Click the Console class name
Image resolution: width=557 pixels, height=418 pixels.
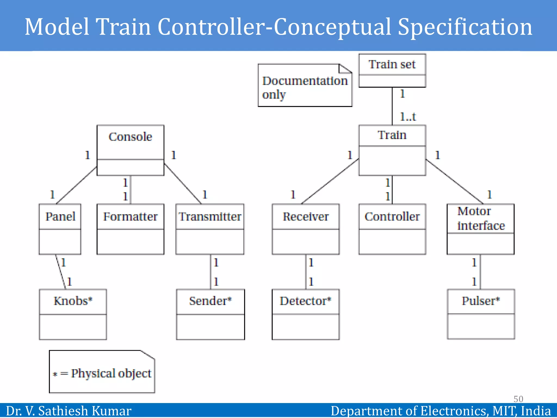coord(130,137)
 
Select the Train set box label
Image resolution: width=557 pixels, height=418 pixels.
coord(392,64)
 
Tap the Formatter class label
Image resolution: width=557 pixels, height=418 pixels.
coord(130,217)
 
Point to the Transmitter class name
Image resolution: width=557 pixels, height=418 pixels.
coord(210,217)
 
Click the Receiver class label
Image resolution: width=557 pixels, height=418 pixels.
coord(305,217)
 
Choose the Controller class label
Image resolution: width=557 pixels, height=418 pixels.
coord(392,217)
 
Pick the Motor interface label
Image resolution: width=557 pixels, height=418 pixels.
coord(481,219)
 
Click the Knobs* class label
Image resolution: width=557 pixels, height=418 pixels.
coord(73,301)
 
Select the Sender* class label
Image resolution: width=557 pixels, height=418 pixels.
coord(210,301)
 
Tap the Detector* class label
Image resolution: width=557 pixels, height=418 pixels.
coord(305,301)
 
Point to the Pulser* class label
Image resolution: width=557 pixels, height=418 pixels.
coord(481,301)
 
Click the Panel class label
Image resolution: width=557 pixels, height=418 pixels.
coord(60,217)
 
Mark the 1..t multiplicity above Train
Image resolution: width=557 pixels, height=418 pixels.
coord(408,117)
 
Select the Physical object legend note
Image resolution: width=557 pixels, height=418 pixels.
coord(102,373)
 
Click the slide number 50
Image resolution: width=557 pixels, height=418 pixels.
coord(518,399)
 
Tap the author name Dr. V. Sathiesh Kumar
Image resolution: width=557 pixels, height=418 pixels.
coord(69,411)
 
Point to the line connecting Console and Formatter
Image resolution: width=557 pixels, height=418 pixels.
coord(131,190)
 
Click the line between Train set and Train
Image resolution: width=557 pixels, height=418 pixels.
coord(392,106)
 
